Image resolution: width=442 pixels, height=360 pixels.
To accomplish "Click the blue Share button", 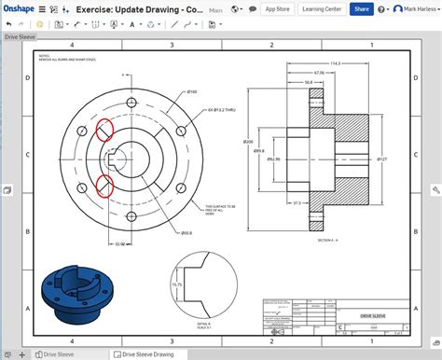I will coord(362,9).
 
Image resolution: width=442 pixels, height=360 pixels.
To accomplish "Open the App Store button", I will coord(277,9).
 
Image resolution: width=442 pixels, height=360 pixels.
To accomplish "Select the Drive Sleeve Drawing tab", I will coord(150,354).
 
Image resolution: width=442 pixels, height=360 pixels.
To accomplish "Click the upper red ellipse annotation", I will coord(104,132).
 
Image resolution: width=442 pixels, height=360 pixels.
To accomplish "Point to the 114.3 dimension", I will coord(335,63).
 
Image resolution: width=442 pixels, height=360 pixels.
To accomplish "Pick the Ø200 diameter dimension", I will coord(248,142).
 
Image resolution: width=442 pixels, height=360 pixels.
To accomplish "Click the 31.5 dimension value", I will coord(297,202).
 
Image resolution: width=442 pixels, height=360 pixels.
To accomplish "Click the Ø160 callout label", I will coord(192,91).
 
